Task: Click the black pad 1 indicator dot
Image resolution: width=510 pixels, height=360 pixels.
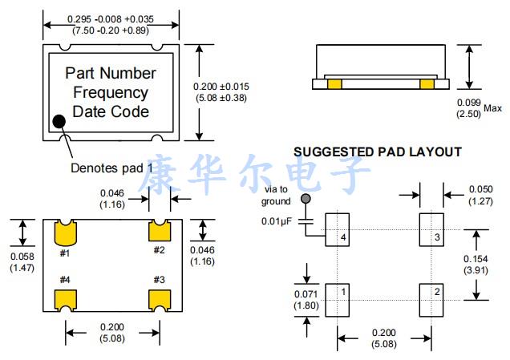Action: click(x=59, y=122)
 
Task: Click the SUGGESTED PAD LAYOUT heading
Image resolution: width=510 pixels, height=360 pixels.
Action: click(x=378, y=152)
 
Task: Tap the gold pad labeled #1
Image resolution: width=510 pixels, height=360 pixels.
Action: click(x=65, y=233)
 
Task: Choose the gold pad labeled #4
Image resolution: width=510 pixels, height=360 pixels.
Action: click(x=64, y=299)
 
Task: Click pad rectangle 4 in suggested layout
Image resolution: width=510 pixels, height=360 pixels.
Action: click(x=337, y=232)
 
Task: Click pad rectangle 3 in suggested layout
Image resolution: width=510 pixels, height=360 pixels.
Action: click(x=431, y=232)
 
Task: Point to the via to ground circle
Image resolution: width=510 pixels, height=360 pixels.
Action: click(x=305, y=198)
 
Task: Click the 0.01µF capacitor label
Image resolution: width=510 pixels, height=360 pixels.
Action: click(x=277, y=220)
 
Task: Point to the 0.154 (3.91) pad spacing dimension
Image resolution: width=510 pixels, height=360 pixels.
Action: click(x=478, y=265)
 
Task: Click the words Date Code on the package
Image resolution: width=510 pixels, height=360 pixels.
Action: click(x=111, y=111)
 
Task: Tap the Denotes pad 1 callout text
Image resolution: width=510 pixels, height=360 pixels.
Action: click(x=111, y=168)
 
